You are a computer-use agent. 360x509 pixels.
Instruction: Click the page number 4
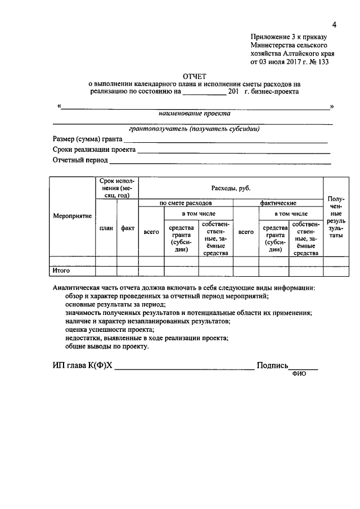pyautogui.click(x=334, y=25)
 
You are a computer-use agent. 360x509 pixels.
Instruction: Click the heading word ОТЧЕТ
pyautogui.click(x=195, y=75)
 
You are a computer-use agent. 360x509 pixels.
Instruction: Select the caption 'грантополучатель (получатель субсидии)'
pyautogui.click(x=194, y=128)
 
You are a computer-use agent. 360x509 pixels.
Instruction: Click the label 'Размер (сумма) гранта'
pyautogui.click(x=87, y=139)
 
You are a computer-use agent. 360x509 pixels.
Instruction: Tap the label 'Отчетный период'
pyautogui.click(x=80, y=161)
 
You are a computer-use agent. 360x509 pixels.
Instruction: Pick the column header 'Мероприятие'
pyautogui.click(x=72, y=216)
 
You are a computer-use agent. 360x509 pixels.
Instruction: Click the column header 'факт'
pyautogui.click(x=127, y=228)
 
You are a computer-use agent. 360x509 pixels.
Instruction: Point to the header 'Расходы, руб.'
pyautogui.click(x=231, y=188)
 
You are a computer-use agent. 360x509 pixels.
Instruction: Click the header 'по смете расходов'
pyautogui.click(x=185, y=202)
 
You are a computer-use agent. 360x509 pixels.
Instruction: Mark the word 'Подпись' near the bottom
pyautogui.click(x=273, y=366)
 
